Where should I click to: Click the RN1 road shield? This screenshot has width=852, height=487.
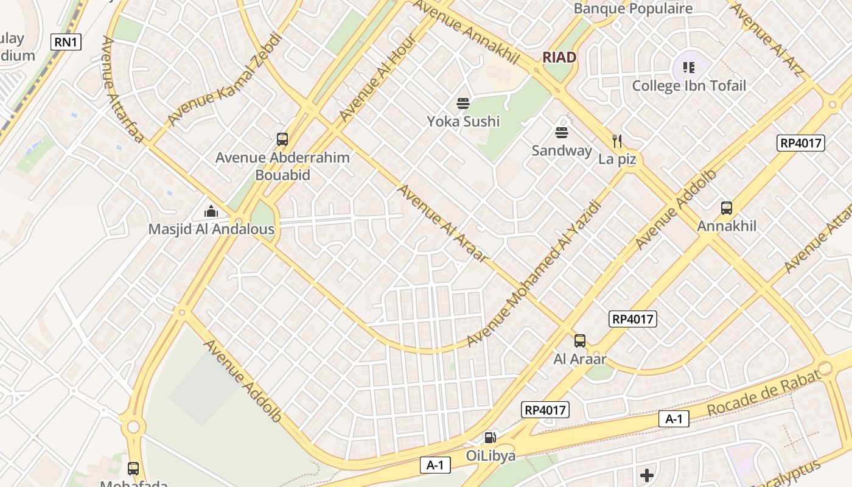66,41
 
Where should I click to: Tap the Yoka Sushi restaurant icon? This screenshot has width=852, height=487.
463,103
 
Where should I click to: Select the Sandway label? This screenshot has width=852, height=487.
561,150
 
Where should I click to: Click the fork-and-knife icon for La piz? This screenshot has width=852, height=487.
617,141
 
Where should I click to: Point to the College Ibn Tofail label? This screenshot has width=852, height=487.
688,85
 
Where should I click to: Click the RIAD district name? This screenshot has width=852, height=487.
559,57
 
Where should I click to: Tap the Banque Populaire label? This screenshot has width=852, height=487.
633,9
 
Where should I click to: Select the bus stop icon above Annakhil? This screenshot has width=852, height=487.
726,208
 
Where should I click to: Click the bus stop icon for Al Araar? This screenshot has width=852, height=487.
579,341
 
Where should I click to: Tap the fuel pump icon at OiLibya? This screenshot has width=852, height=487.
490,437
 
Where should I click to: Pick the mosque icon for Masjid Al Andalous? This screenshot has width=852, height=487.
211,211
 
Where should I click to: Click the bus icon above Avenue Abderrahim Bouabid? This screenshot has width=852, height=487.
282,139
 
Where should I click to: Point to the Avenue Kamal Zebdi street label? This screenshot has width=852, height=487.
225,79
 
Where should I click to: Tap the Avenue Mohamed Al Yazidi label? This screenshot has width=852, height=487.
534,273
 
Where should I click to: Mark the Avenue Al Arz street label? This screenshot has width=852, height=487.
767,40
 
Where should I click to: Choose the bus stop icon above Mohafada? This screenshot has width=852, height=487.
133,469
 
